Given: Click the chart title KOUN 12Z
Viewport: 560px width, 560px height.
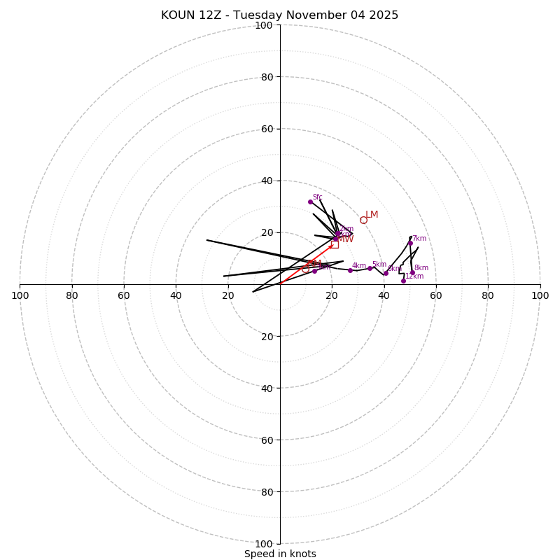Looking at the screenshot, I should [279, 15].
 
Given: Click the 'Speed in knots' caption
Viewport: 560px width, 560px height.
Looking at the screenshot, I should [280, 554].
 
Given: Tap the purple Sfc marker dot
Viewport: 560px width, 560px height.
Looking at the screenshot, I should [310, 202].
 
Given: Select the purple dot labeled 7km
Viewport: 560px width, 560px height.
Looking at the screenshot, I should [410, 244].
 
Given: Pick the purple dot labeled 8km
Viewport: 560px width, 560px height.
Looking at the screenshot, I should [412, 273].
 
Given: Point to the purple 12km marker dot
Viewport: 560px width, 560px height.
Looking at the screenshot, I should [403, 281].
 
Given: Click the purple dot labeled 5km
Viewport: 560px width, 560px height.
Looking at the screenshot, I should [370, 268].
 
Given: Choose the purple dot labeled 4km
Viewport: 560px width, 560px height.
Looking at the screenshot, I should [350, 270].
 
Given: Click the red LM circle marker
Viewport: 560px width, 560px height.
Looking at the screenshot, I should [363, 220].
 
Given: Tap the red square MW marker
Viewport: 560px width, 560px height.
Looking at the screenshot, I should [335, 244].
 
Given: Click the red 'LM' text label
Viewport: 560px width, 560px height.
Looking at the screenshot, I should [372, 214].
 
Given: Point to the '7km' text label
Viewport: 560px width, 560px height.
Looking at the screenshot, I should [419, 239].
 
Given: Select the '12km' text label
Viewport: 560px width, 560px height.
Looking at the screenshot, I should [414, 276].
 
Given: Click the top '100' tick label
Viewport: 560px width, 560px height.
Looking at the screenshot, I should [264, 25].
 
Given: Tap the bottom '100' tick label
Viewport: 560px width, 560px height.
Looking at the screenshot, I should [264, 544].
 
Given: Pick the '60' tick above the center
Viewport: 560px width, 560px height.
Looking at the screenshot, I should [267, 129].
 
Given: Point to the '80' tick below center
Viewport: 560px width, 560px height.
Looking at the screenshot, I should [267, 492].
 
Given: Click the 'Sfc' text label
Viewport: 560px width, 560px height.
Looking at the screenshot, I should [317, 197].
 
